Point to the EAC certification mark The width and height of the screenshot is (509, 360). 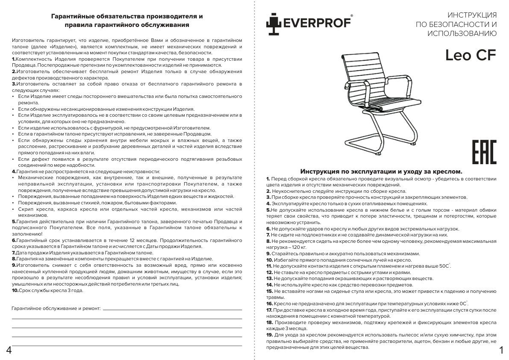(x=484, y=152)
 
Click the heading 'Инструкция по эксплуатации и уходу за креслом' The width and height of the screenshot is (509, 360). (x=381, y=171)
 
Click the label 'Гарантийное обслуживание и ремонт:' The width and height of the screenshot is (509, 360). (x=56, y=308)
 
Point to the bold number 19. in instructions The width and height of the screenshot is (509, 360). (x=269, y=335)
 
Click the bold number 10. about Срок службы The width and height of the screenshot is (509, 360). (x=15, y=290)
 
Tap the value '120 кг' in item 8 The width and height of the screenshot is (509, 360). (x=298, y=247)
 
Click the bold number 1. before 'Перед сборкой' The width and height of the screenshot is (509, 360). (x=268, y=178)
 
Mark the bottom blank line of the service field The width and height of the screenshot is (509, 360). (x=127, y=344)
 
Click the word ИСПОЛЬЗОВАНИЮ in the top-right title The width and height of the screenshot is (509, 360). (x=462, y=33)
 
